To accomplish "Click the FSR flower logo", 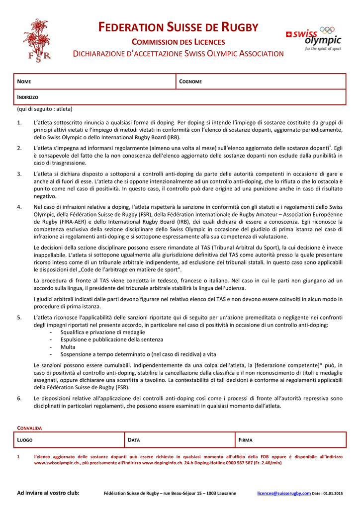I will tap(36, 40).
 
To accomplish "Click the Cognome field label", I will tap(190, 82).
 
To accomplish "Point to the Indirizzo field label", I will tap(28, 97).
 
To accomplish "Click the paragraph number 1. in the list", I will tap(19, 122).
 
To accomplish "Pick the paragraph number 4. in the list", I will tap(19, 207).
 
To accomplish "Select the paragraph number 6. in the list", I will tap(19, 398).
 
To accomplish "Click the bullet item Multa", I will tap(68, 347).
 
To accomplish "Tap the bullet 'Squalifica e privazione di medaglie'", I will tap(102, 332).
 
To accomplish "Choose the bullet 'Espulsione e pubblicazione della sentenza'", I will tap(111, 339).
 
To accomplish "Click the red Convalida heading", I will tap(29, 427).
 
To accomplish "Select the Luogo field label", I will tap(25, 440).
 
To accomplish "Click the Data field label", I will tap(134, 440).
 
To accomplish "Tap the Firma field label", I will tap(246, 440).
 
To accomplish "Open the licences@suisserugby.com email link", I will tap(283, 493).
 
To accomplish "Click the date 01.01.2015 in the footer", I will tap(333, 493).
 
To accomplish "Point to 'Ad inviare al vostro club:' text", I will tap(48, 493).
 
